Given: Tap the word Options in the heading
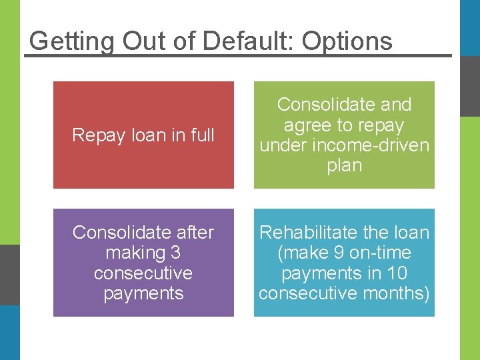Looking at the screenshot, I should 347,41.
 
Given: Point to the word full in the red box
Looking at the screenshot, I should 202,135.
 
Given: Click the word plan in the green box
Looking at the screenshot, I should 344,165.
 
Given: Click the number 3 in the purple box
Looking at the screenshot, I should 176,253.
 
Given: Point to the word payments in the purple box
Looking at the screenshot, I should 143,294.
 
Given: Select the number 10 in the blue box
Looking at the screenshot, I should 416,273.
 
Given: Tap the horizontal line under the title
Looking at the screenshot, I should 238,55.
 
